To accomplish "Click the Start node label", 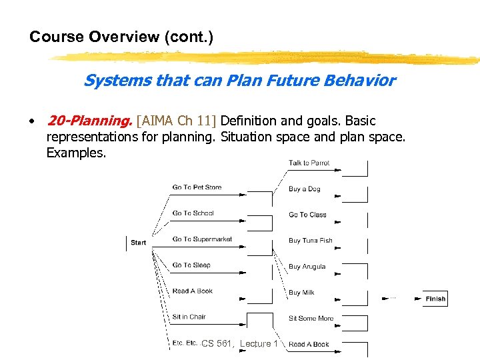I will pos(139,243).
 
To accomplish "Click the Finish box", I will pos(435,299).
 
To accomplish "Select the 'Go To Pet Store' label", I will pos(197,187).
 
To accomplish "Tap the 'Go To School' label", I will pos(193,213).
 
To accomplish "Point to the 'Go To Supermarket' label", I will pos(202,239).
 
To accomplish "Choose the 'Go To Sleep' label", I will pos(191,265).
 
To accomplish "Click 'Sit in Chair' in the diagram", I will pos(189,317).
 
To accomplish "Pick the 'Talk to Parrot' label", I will pos(309,163).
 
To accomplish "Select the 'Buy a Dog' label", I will pos(304,189).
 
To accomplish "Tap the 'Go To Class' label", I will pos(307,215).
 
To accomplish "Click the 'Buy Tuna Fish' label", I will pos(310,241).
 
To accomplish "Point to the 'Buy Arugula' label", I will pos(307,267).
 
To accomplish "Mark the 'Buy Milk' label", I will pos(301,293).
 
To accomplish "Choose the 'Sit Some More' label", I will pos(311,319).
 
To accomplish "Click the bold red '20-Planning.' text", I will pos(89,121).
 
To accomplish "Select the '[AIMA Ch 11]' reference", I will pos(176,121).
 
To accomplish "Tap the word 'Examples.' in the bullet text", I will pos(76,153).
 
